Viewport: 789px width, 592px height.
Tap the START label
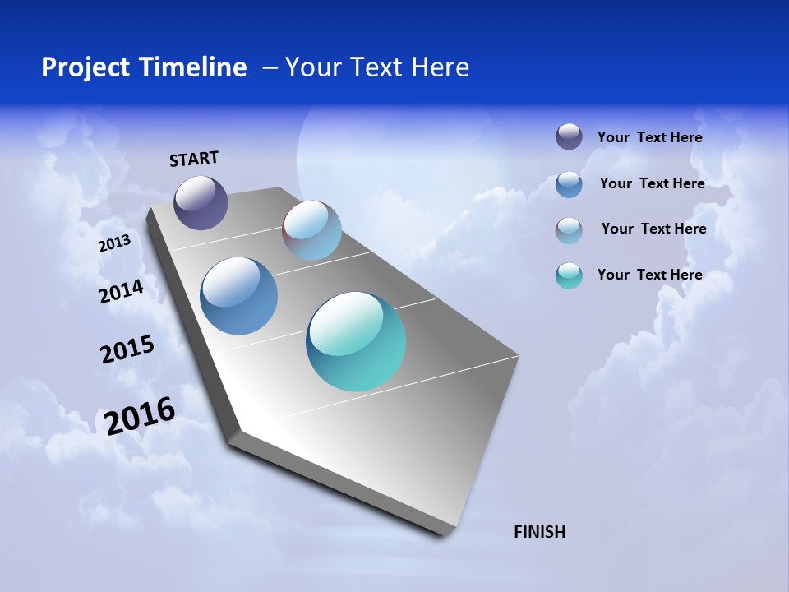(194, 159)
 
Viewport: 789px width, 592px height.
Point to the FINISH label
(539, 532)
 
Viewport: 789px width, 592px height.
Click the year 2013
(114, 243)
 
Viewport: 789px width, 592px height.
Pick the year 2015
(127, 349)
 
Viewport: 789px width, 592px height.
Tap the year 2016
(140, 415)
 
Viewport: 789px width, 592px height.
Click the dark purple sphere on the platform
(201, 202)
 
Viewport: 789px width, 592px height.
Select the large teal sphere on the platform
(356, 341)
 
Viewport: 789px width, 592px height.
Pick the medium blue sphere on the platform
(238, 296)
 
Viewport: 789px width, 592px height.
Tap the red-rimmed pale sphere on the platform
(311, 230)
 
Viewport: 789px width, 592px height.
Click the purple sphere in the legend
(569, 136)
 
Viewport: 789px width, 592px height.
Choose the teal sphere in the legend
(569, 275)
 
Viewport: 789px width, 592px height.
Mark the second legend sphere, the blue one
(569, 184)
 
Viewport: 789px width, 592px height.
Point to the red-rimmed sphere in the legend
(569, 230)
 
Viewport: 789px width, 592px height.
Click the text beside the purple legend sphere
(649, 137)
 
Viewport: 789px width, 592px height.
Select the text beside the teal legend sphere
(649, 275)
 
